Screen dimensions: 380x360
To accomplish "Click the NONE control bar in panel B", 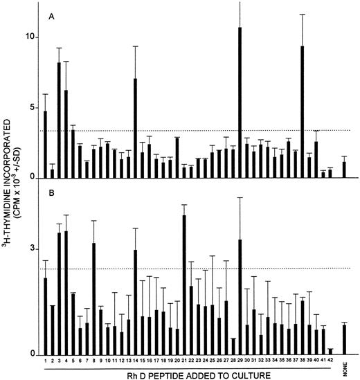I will [344, 340].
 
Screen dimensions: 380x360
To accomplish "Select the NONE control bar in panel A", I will [344, 170].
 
